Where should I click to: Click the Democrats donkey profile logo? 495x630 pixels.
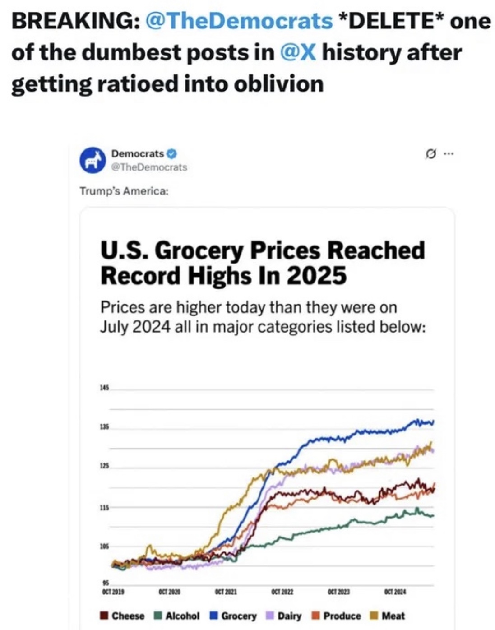click(92, 160)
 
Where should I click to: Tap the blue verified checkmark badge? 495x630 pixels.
click(172, 153)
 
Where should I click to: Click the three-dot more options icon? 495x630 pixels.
click(448, 154)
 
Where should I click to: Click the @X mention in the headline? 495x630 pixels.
click(297, 53)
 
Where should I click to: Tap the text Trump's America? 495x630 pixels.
click(124, 191)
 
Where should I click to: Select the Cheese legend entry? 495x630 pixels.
click(123, 616)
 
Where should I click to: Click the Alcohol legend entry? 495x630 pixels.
click(177, 616)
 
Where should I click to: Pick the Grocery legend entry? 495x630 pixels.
click(234, 616)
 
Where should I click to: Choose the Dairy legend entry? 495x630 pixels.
click(284, 616)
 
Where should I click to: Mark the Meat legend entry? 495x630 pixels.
click(388, 616)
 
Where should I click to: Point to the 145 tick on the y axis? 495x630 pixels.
click(105, 388)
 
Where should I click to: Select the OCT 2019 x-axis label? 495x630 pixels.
click(113, 591)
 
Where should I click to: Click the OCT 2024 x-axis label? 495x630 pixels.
click(395, 591)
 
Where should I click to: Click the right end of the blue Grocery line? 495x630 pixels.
click(433, 422)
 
